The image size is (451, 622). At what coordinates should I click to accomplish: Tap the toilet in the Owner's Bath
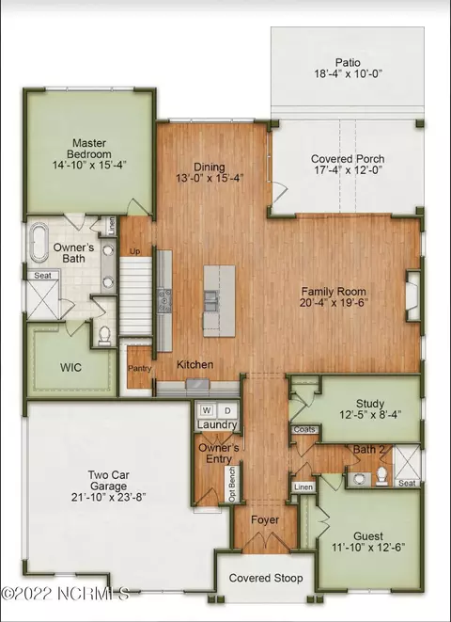click(x=104, y=335)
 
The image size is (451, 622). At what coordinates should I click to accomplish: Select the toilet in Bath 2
click(x=381, y=475)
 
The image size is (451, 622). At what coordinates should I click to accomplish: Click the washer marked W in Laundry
click(x=206, y=410)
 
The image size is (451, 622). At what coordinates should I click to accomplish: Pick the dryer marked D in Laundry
click(x=227, y=411)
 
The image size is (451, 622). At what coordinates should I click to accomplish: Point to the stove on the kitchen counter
click(x=164, y=301)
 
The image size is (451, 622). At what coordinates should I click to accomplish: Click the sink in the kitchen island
click(x=210, y=301)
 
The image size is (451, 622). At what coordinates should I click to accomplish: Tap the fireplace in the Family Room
click(x=413, y=295)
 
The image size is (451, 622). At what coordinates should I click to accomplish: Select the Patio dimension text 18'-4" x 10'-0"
click(x=349, y=73)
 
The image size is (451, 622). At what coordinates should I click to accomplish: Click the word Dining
click(x=210, y=167)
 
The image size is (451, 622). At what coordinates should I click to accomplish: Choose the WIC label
click(x=70, y=367)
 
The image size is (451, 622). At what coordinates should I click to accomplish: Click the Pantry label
click(x=139, y=368)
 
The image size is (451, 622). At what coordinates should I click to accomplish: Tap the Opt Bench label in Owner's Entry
click(x=232, y=485)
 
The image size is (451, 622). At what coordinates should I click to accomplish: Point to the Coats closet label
click(x=304, y=430)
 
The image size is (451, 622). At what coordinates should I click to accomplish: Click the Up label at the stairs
click(x=134, y=251)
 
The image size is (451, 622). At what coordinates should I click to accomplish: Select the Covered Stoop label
click(x=266, y=578)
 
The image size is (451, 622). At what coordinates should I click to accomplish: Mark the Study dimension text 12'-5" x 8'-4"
click(x=370, y=415)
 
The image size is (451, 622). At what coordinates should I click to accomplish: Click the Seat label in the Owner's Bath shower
click(x=42, y=276)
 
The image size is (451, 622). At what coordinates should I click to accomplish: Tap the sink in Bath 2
click(x=360, y=479)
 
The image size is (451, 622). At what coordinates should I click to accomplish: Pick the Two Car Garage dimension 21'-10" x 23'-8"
click(x=108, y=497)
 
